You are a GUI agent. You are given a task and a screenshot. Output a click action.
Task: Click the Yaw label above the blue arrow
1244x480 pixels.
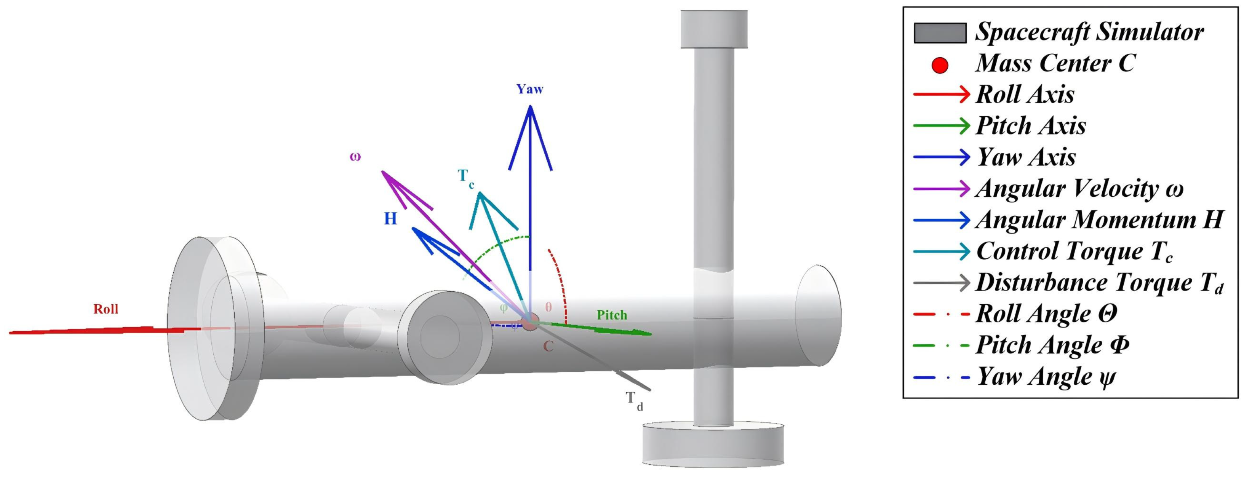[x=530, y=90]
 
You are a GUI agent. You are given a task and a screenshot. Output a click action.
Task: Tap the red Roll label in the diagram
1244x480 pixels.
[x=106, y=309]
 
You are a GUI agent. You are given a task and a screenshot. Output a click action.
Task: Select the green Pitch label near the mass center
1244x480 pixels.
[x=612, y=315]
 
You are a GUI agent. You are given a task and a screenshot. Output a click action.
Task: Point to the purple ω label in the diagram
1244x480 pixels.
[x=355, y=157]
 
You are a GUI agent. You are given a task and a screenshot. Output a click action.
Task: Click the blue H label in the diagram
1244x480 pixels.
[x=390, y=219]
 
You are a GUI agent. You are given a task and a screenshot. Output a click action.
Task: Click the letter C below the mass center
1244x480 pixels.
[x=548, y=346]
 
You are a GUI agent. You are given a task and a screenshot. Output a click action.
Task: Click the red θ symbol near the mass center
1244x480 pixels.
[x=548, y=307]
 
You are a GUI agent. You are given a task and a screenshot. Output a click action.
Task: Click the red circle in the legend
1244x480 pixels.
[x=940, y=65]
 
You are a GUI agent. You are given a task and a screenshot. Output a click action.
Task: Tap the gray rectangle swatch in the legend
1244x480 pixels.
[x=940, y=33]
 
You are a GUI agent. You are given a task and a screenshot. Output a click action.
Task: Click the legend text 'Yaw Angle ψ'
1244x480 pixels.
[x=1046, y=377]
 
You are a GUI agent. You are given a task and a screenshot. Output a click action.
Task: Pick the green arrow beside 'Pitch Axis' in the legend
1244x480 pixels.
[x=941, y=126]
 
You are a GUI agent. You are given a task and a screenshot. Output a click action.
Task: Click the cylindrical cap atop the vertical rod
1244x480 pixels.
[x=714, y=29]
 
